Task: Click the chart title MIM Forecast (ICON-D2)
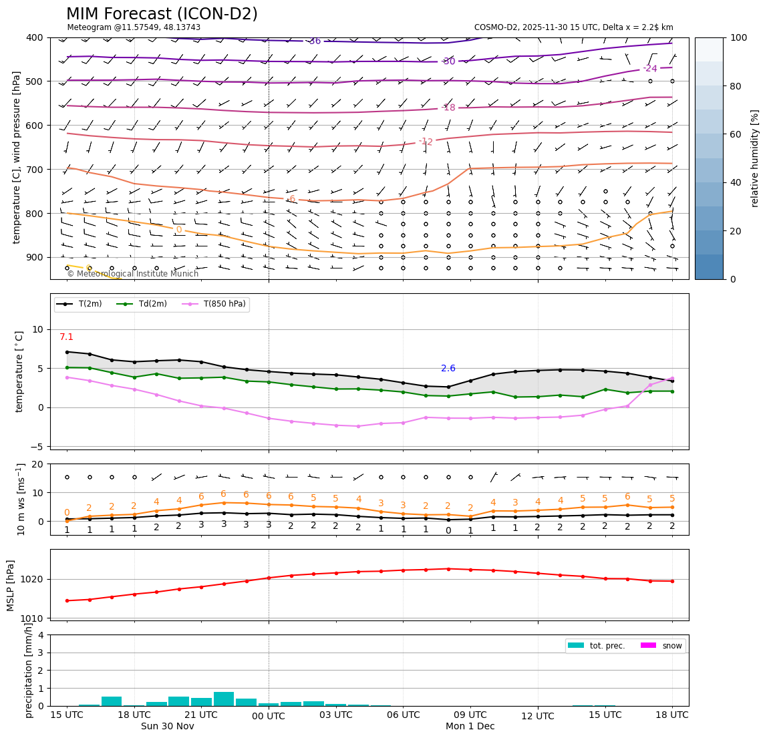tap(162, 14)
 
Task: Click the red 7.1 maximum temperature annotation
tap(66, 337)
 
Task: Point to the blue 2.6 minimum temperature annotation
tap(448, 368)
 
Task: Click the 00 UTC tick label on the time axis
tap(269, 716)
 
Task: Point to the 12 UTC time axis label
tap(538, 716)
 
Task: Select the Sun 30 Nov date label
tap(167, 726)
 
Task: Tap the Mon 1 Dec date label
tap(470, 726)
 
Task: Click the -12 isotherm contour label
tap(426, 142)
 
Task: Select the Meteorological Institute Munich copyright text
tap(132, 274)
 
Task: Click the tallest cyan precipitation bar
tap(224, 699)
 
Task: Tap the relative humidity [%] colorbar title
tap(754, 158)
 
